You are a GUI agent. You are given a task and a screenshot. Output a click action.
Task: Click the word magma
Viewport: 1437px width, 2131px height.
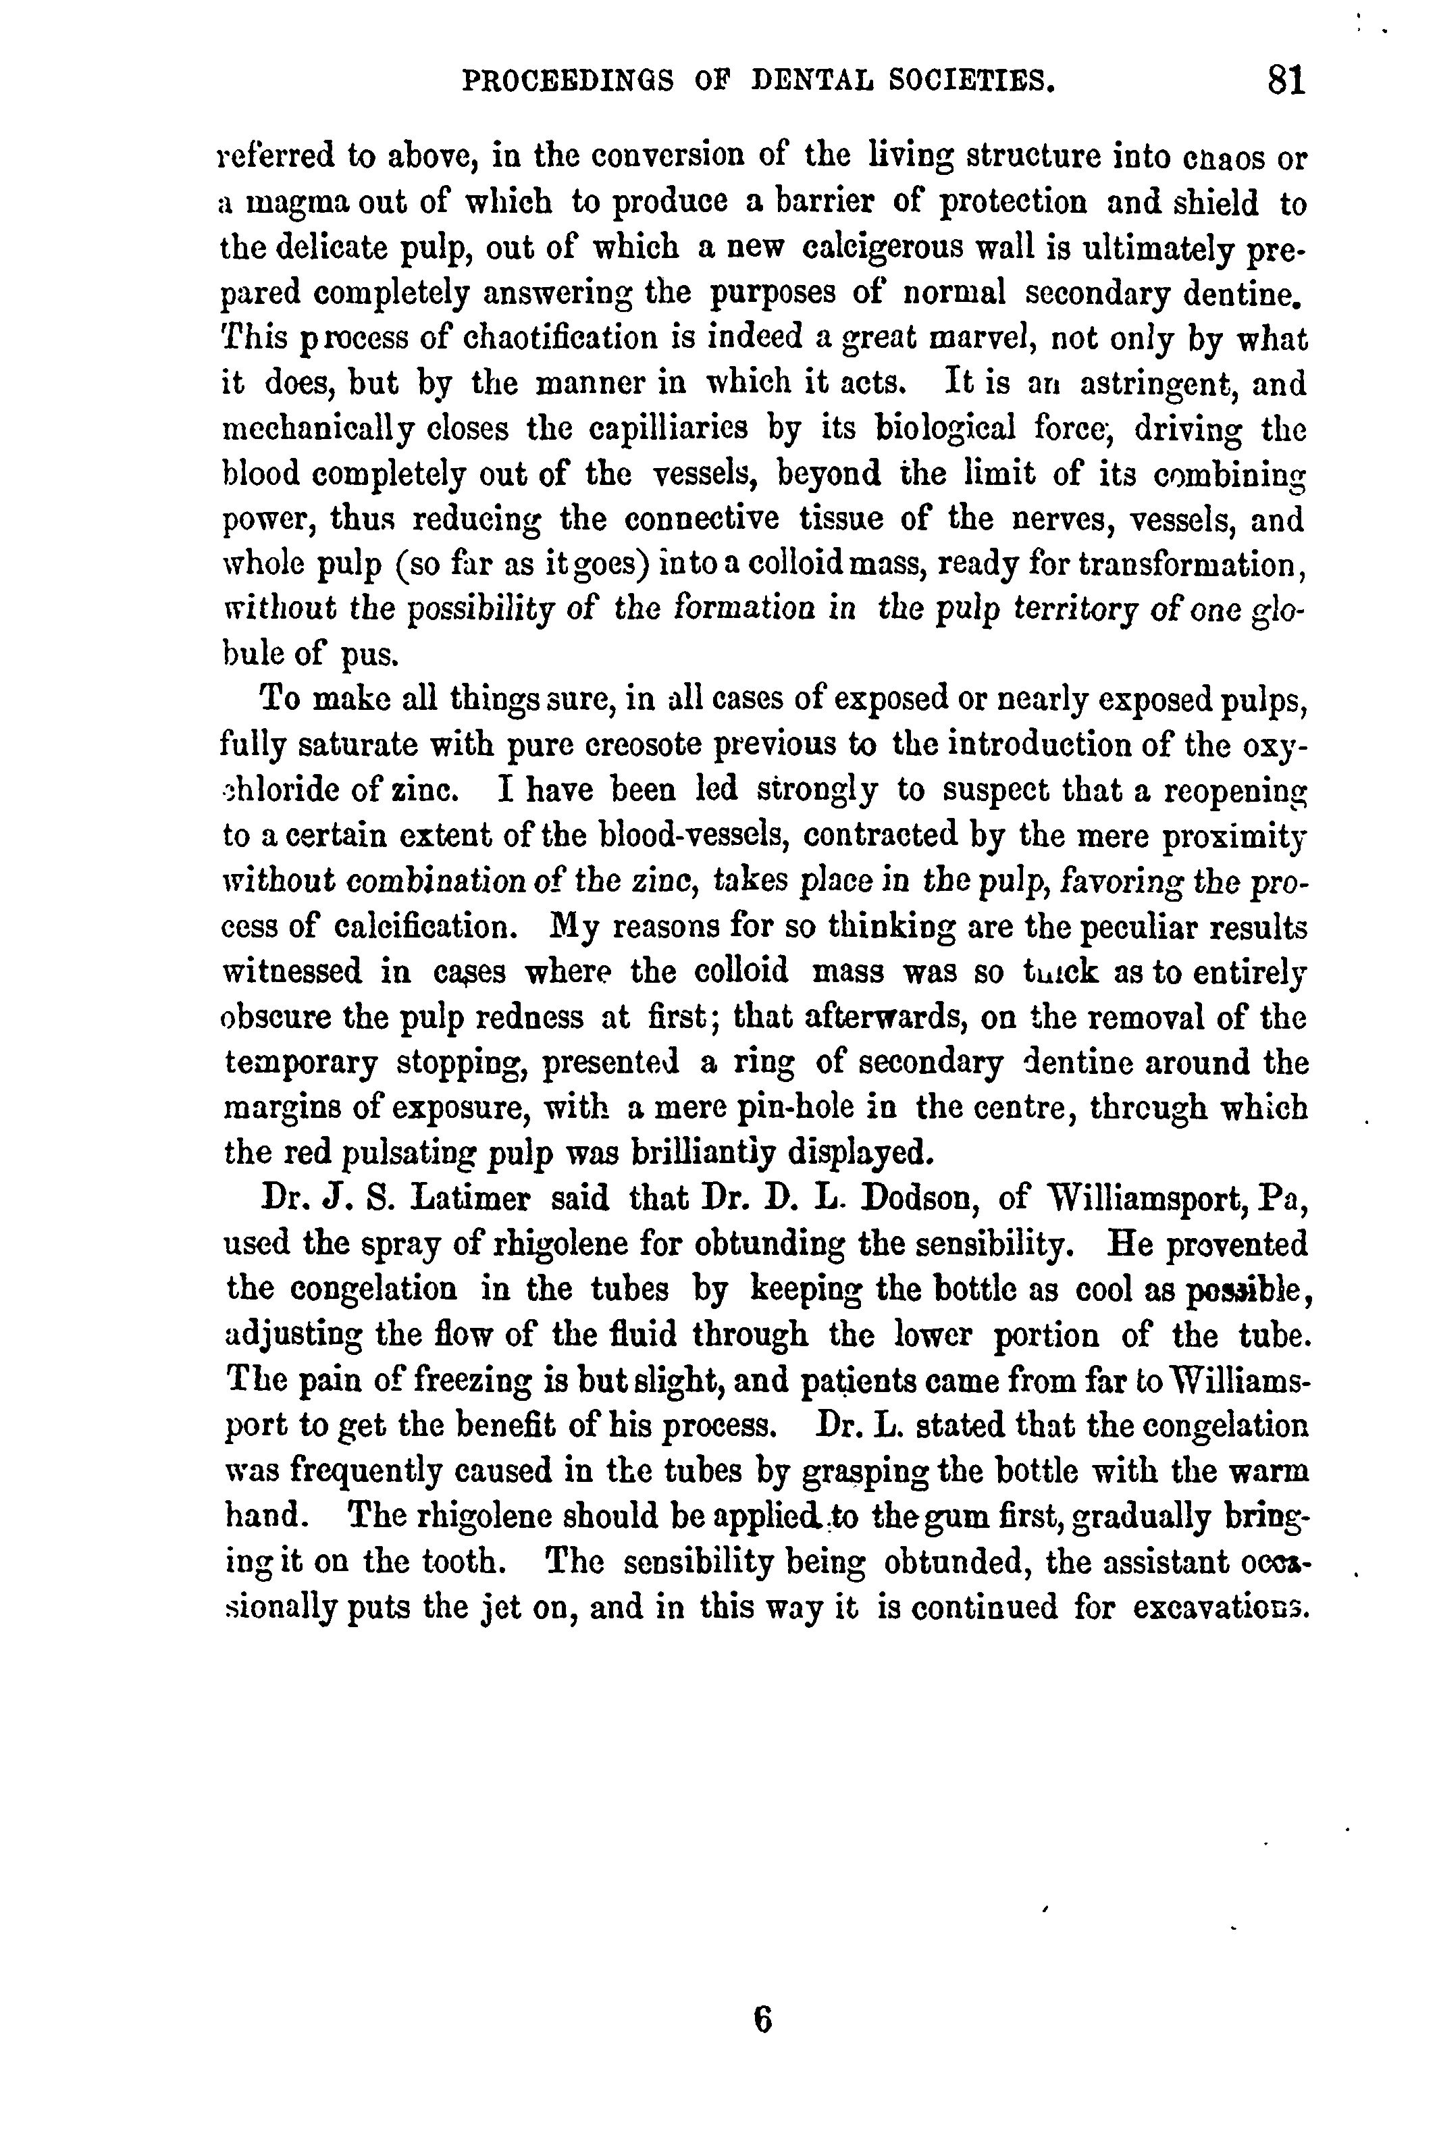[297, 203]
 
